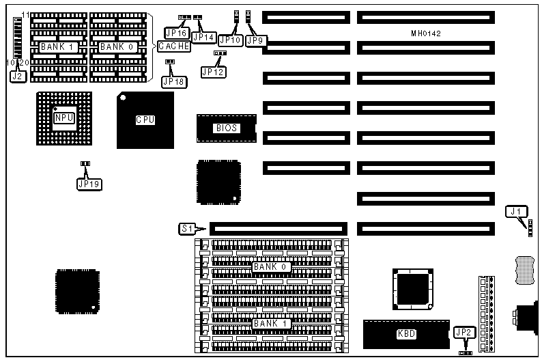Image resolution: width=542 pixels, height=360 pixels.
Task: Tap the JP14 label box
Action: (x=203, y=36)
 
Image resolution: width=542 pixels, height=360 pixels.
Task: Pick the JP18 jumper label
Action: (x=172, y=81)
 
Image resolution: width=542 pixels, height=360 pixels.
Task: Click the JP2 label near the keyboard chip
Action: (x=463, y=333)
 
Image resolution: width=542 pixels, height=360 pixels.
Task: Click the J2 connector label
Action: (x=18, y=77)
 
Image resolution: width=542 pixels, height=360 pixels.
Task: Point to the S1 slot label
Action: (x=186, y=229)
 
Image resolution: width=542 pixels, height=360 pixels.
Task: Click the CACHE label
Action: (x=174, y=46)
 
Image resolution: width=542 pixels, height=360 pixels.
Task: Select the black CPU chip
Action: (x=145, y=120)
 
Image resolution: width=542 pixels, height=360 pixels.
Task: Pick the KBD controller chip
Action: (x=405, y=333)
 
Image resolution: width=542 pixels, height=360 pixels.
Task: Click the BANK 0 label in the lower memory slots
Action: (x=271, y=266)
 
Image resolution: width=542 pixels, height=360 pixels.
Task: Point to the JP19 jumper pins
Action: (x=85, y=164)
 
